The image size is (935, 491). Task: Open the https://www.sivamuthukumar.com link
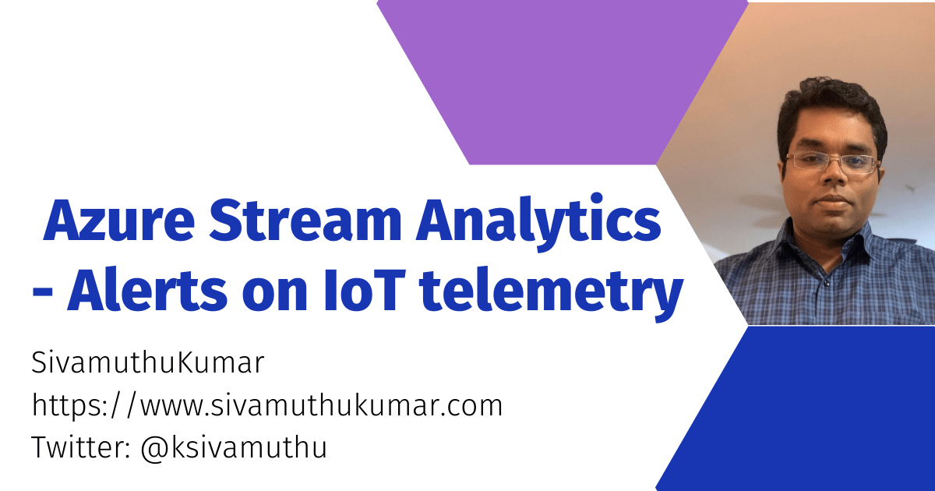tap(266, 405)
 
